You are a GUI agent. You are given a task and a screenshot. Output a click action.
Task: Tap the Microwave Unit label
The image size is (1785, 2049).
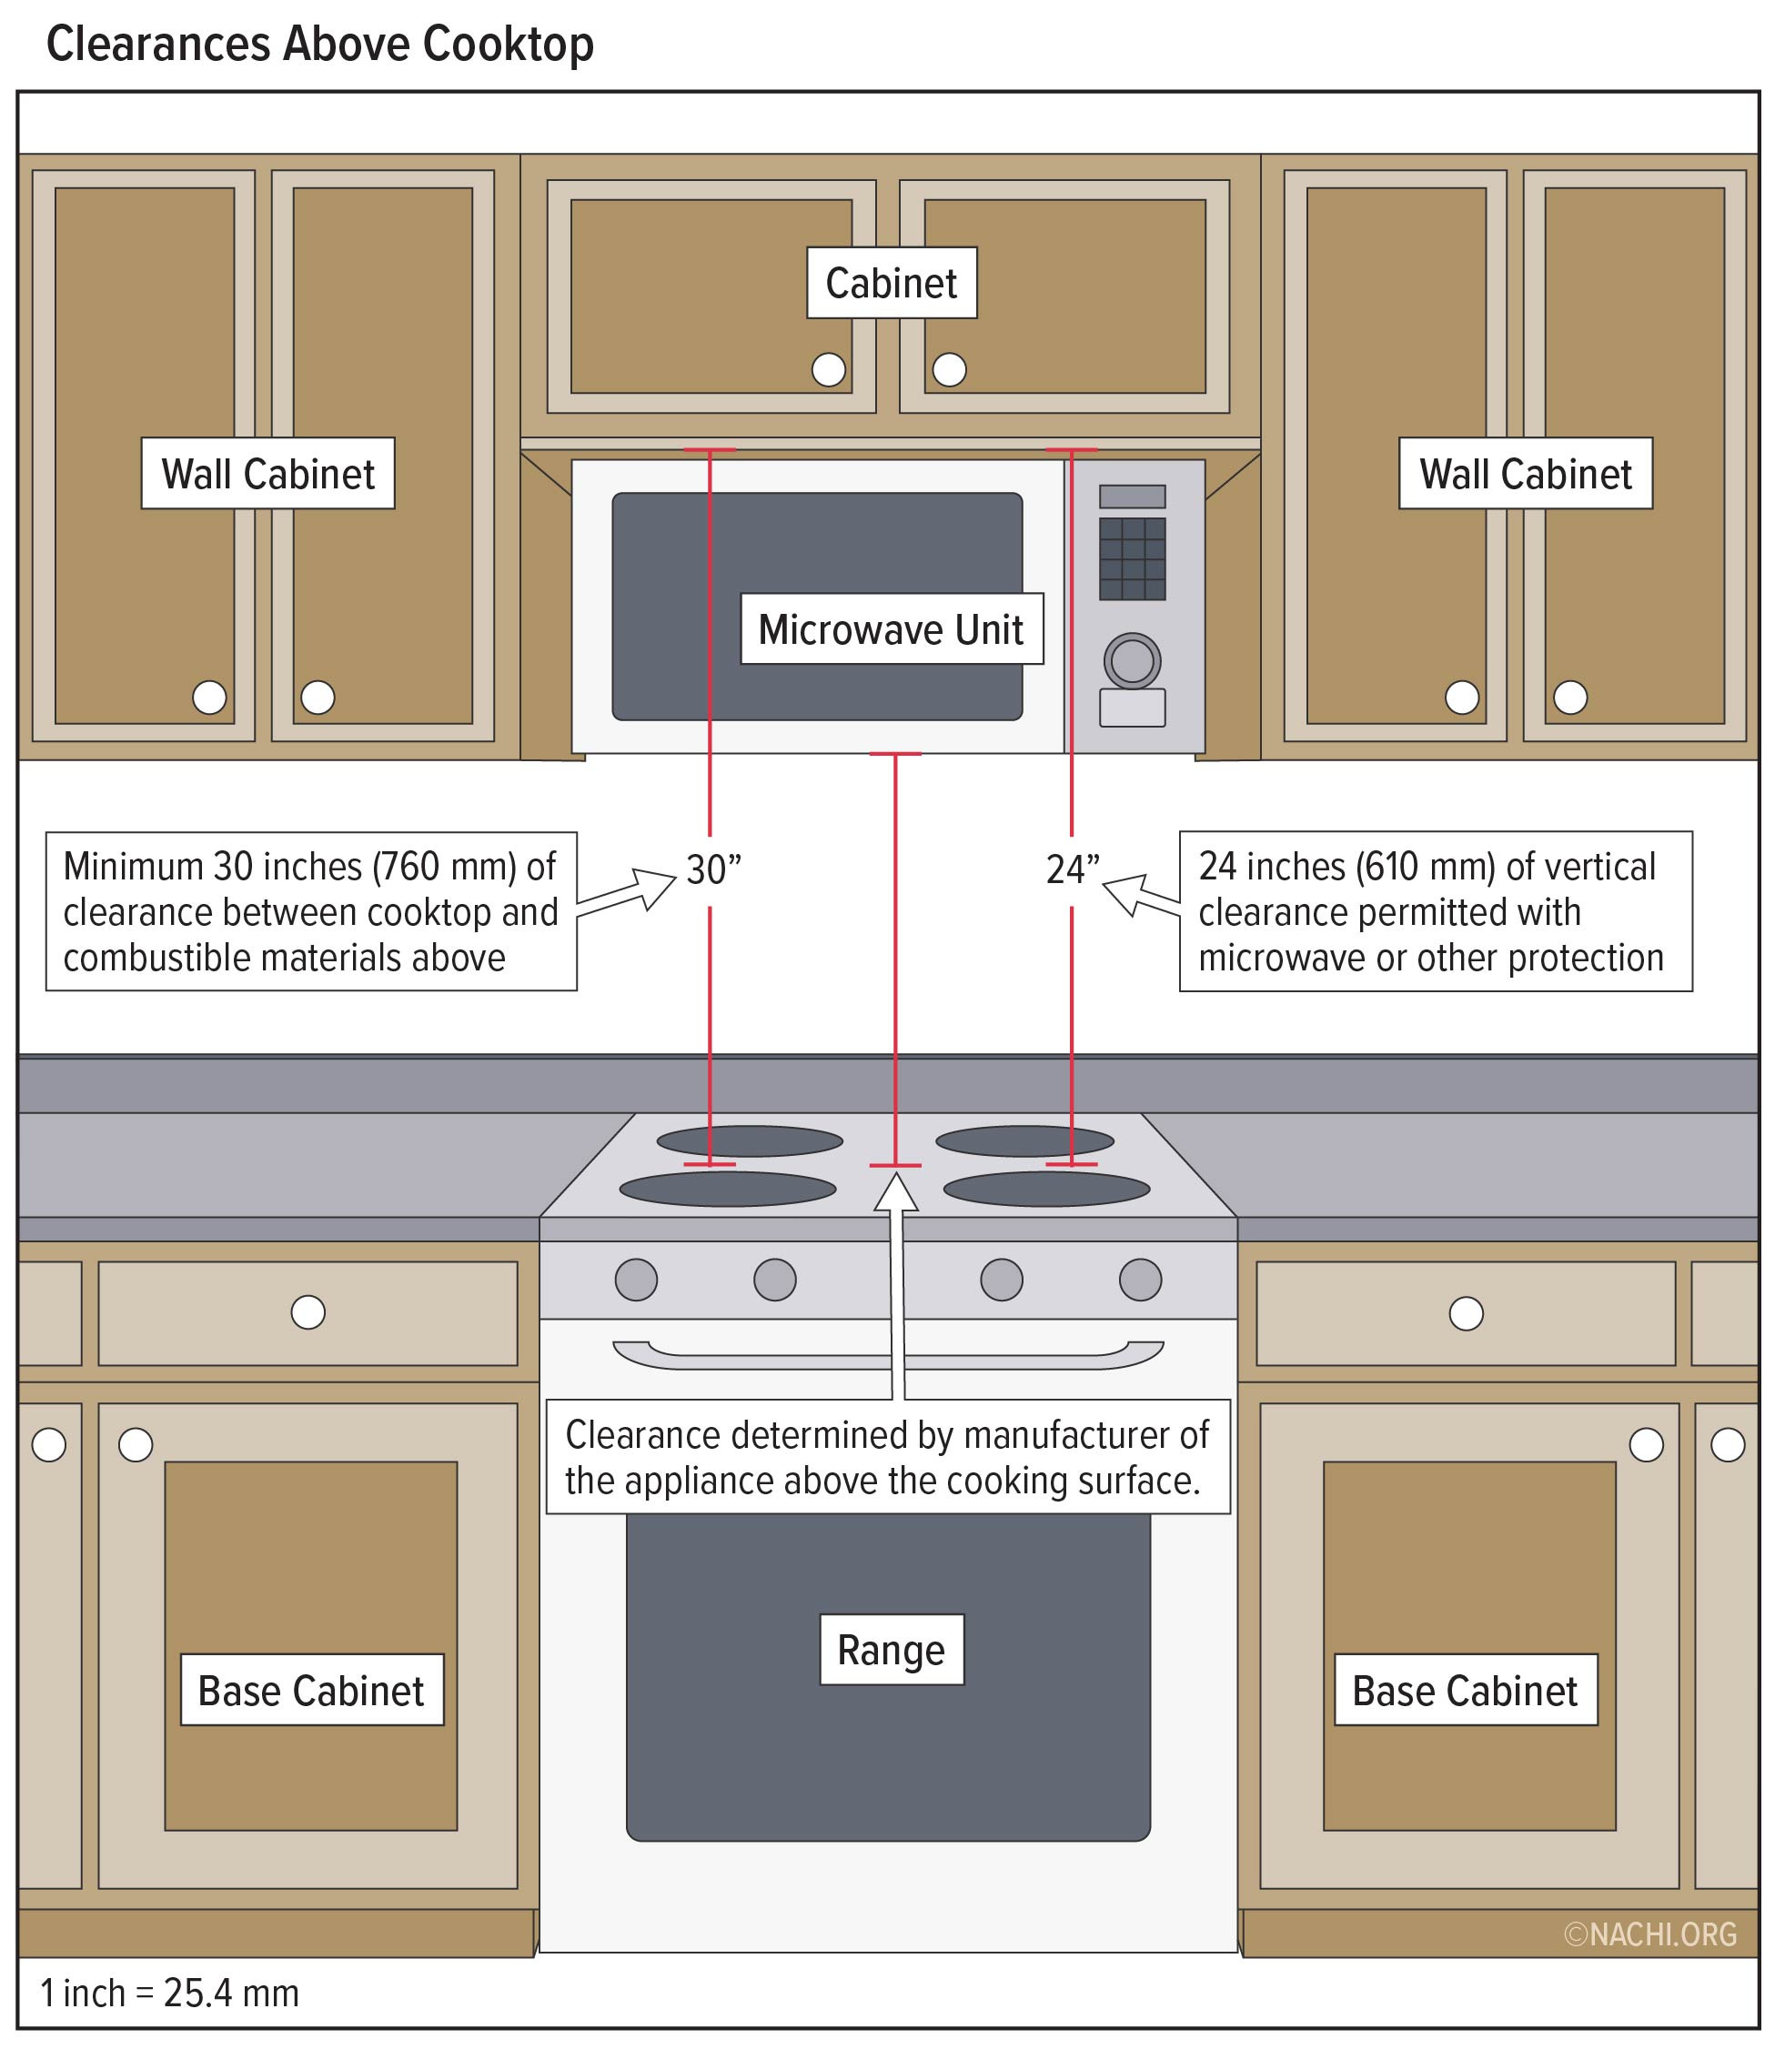pyautogui.click(x=891, y=629)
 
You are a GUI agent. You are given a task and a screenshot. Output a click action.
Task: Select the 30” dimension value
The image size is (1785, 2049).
pyautogui.click(x=713, y=870)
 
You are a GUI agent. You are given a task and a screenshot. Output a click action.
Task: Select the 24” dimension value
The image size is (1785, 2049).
pyautogui.click(x=1072, y=870)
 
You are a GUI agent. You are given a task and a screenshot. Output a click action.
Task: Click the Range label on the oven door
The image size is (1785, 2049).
pyautogui.click(x=891, y=1650)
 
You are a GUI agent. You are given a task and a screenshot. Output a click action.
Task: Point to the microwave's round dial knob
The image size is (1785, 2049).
pyautogui.click(x=1132, y=661)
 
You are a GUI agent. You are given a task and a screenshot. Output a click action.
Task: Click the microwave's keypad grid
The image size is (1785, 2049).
pyautogui.click(x=1132, y=558)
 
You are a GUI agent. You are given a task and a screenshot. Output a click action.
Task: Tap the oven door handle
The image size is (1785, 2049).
pyautogui.click(x=888, y=1354)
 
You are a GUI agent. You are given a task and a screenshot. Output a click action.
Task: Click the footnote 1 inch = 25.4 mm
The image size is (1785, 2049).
pyautogui.click(x=169, y=1994)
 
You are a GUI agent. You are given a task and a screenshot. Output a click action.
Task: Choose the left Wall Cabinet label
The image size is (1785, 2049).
pyautogui.click(x=268, y=474)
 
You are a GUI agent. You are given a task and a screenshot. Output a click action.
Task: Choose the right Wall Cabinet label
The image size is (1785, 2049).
pyautogui.click(x=1525, y=474)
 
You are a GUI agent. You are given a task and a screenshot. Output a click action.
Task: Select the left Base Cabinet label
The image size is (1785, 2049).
pyautogui.click(x=311, y=1691)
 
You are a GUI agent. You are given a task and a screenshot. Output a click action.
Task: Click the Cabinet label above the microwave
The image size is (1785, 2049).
pyautogui.click(x=891, y=284)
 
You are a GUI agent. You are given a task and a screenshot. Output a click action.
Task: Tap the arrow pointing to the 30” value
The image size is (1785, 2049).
pyautogui.click(x=629, y=891)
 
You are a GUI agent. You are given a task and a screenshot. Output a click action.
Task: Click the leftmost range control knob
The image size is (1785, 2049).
pyautogui.click(x=636, y=1280)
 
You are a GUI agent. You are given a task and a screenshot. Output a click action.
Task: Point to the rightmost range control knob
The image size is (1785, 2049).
pyautogui.click(x=1140, y=1280)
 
